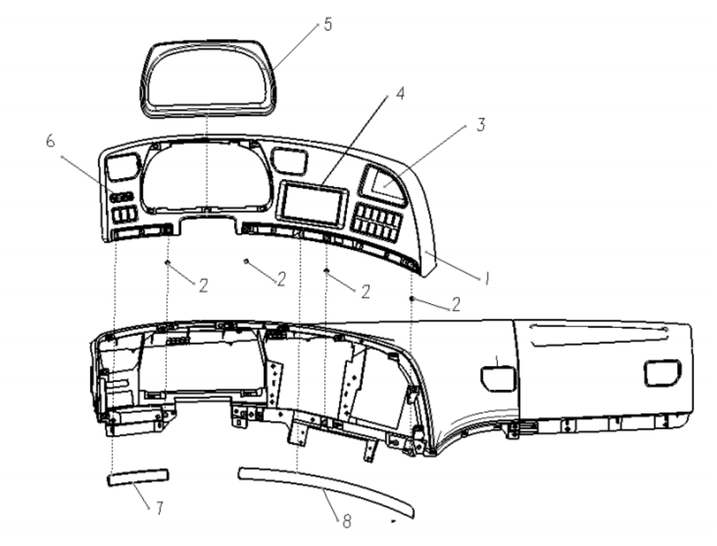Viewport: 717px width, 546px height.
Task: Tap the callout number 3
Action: (481, 124)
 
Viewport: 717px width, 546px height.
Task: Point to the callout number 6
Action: (50, 141)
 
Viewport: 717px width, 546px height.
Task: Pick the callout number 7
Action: (159, 508)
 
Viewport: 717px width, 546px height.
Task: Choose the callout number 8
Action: (346, 521)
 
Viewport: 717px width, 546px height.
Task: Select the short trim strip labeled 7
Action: (137, 478)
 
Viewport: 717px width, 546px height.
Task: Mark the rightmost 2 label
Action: (456, 305)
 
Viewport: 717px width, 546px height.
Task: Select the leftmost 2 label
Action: (203, 286)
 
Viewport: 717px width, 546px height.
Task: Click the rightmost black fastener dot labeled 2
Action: (411, 299)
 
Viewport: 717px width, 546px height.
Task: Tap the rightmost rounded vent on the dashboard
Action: (662, 372)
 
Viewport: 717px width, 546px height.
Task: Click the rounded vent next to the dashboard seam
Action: (498, 377)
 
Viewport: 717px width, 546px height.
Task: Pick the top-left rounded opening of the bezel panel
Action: (123, 166)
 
